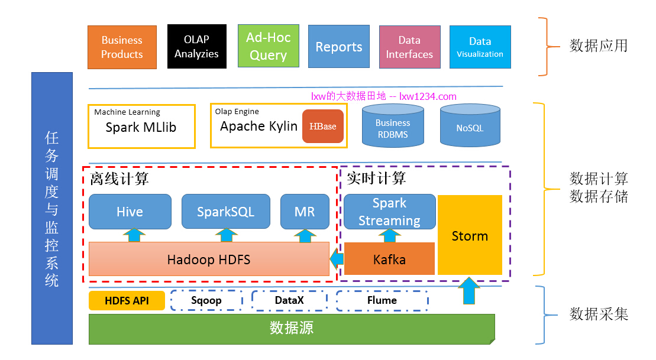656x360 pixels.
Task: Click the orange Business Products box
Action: [122, 47]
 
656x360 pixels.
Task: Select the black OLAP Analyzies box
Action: [196, 47]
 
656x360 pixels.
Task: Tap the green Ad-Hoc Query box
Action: [268, 46]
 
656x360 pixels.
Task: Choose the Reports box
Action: [338, 47]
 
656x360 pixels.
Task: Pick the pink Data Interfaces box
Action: [409, 47]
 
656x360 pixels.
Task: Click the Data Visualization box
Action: [480, 47]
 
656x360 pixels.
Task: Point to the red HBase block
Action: [323, 127]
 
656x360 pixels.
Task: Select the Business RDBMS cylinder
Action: [392, 127]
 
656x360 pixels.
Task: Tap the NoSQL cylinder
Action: [470, 127]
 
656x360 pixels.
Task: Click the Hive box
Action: [130, 212]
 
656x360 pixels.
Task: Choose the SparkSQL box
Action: [225, 212]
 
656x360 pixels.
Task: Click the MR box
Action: [305, 212]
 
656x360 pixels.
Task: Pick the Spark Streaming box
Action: [389, 212]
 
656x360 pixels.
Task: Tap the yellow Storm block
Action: [470, 235]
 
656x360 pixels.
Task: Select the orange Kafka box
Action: [389, 259]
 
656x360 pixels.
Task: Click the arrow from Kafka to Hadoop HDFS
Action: [337, 258]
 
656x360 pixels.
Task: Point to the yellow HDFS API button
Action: [127, 300]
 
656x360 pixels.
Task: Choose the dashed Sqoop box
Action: [206, 300]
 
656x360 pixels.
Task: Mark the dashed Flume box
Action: [382, 300]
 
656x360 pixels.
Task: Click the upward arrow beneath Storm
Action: [469, 290]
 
